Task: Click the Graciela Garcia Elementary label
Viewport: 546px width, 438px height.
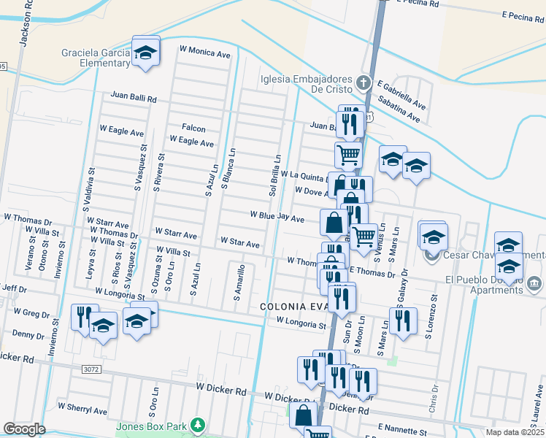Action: point(96,58)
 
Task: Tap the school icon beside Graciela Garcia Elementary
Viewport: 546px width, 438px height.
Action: point(146,52)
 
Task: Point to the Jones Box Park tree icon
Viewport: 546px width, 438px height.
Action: point(196,424)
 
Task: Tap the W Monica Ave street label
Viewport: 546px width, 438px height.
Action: point(204,53)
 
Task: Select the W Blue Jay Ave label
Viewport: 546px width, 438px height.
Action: point(277,217)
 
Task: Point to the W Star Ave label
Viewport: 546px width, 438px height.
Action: point(239,242)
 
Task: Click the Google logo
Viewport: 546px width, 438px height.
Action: point(24,429)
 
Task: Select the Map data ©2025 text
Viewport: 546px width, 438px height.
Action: point(515,432)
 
